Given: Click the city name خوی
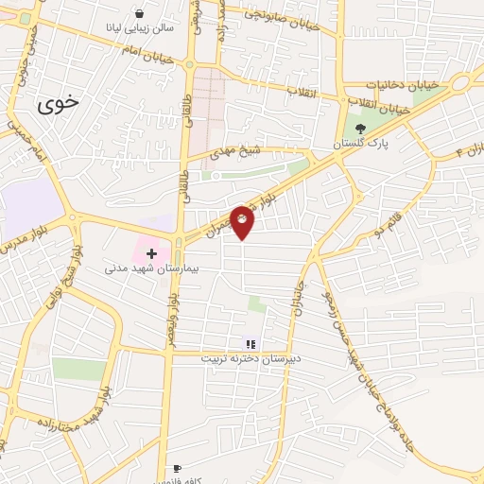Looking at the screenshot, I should click(x=59, y=104).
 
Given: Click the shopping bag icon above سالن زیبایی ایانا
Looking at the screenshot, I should click(x=141, y=14).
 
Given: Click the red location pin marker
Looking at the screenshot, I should click(x=242, y=222).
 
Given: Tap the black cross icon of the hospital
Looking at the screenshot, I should click(x=151, y=253).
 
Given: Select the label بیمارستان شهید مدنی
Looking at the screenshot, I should click(x=143, y=268).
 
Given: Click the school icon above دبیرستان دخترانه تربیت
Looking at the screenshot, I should click(x=250, y=344).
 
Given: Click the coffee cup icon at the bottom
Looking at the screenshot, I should click(x=177, y=468).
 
